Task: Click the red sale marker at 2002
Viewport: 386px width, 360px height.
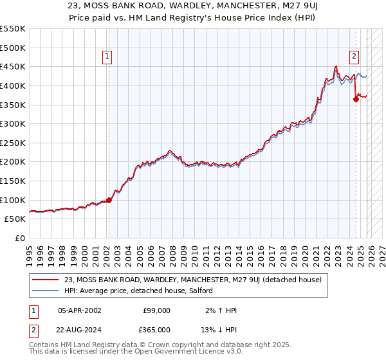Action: (109, 200)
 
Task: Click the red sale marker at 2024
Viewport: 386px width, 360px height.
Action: (356, 99)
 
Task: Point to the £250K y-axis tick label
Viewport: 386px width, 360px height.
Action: (13, 143)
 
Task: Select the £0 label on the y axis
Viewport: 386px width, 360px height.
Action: (21, 238)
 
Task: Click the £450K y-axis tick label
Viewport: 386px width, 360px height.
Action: (13, 66)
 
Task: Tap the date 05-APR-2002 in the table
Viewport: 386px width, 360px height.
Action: (79, 310)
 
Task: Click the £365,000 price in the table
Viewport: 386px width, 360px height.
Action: (156, 329)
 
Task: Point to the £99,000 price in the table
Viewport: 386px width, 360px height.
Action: (156, 310)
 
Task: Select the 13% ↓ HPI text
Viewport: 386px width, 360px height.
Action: (219, 329)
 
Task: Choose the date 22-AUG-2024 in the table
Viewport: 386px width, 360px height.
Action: (79, 329)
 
